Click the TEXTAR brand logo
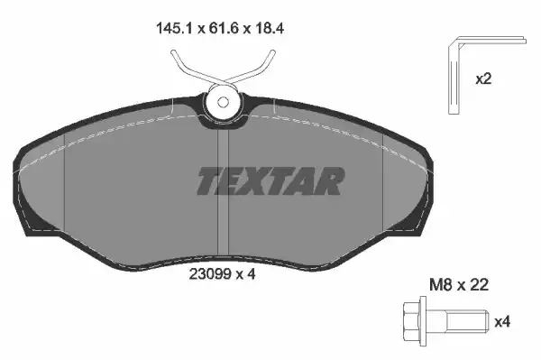[x=270, y=181]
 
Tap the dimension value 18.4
[x=281, y=28]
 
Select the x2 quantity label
[x=484, y=78]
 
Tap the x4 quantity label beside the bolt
[x=502, y=320]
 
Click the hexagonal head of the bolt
[x=408, y=320]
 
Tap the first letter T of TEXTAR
[x=209, y=181]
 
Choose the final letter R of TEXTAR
[x=329, y=181]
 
